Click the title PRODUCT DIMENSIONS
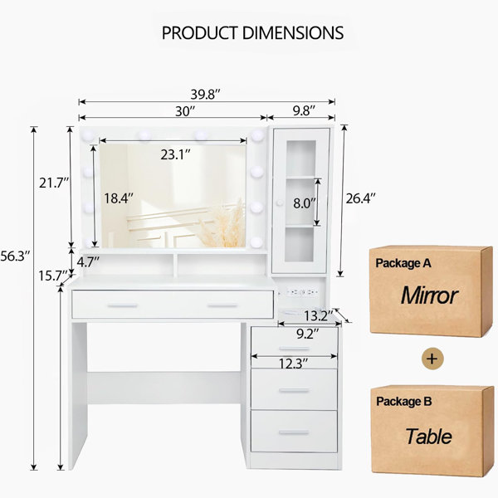point(252,33)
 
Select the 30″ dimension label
point(184,110)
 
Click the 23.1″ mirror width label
point(176,154)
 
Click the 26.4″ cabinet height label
point(360,198)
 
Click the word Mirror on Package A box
point(429,295)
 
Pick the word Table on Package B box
point(428,436)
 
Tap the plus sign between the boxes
point(430,359)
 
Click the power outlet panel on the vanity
point(304,293)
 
